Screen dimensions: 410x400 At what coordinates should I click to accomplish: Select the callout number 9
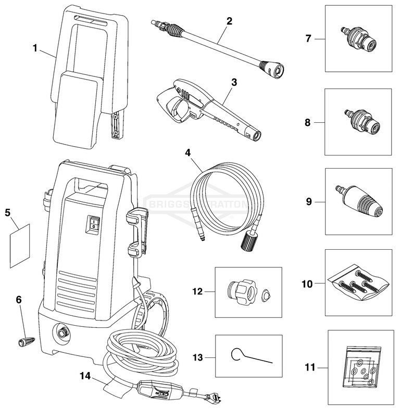[x=309, y=201]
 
